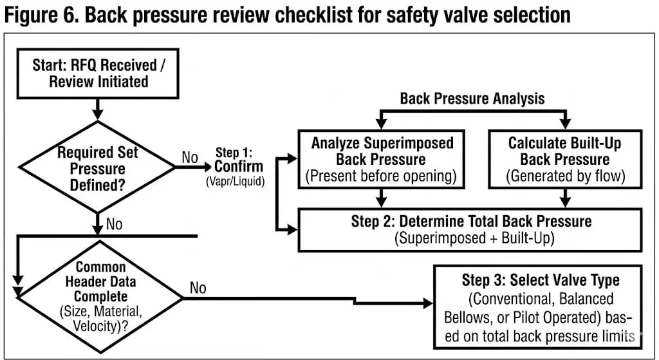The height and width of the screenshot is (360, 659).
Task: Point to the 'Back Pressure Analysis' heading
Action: coord(472,99)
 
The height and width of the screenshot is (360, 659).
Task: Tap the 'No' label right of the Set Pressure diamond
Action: coord(190,157)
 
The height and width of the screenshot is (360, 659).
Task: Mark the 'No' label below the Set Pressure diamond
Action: coord(115,224)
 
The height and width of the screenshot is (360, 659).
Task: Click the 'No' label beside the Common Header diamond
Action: coord(198,288)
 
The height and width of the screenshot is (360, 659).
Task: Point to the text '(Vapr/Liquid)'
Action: coord(236,182)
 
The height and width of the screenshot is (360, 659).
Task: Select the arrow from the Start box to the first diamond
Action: coord(98,109)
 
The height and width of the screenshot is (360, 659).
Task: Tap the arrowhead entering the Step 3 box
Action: coord(428,303)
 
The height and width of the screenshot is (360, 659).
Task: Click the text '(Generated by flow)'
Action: coord(565,176)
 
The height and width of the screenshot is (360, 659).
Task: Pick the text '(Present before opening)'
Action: coord(381,176)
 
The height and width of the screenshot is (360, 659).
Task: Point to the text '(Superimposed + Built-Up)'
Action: coord(474,238)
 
